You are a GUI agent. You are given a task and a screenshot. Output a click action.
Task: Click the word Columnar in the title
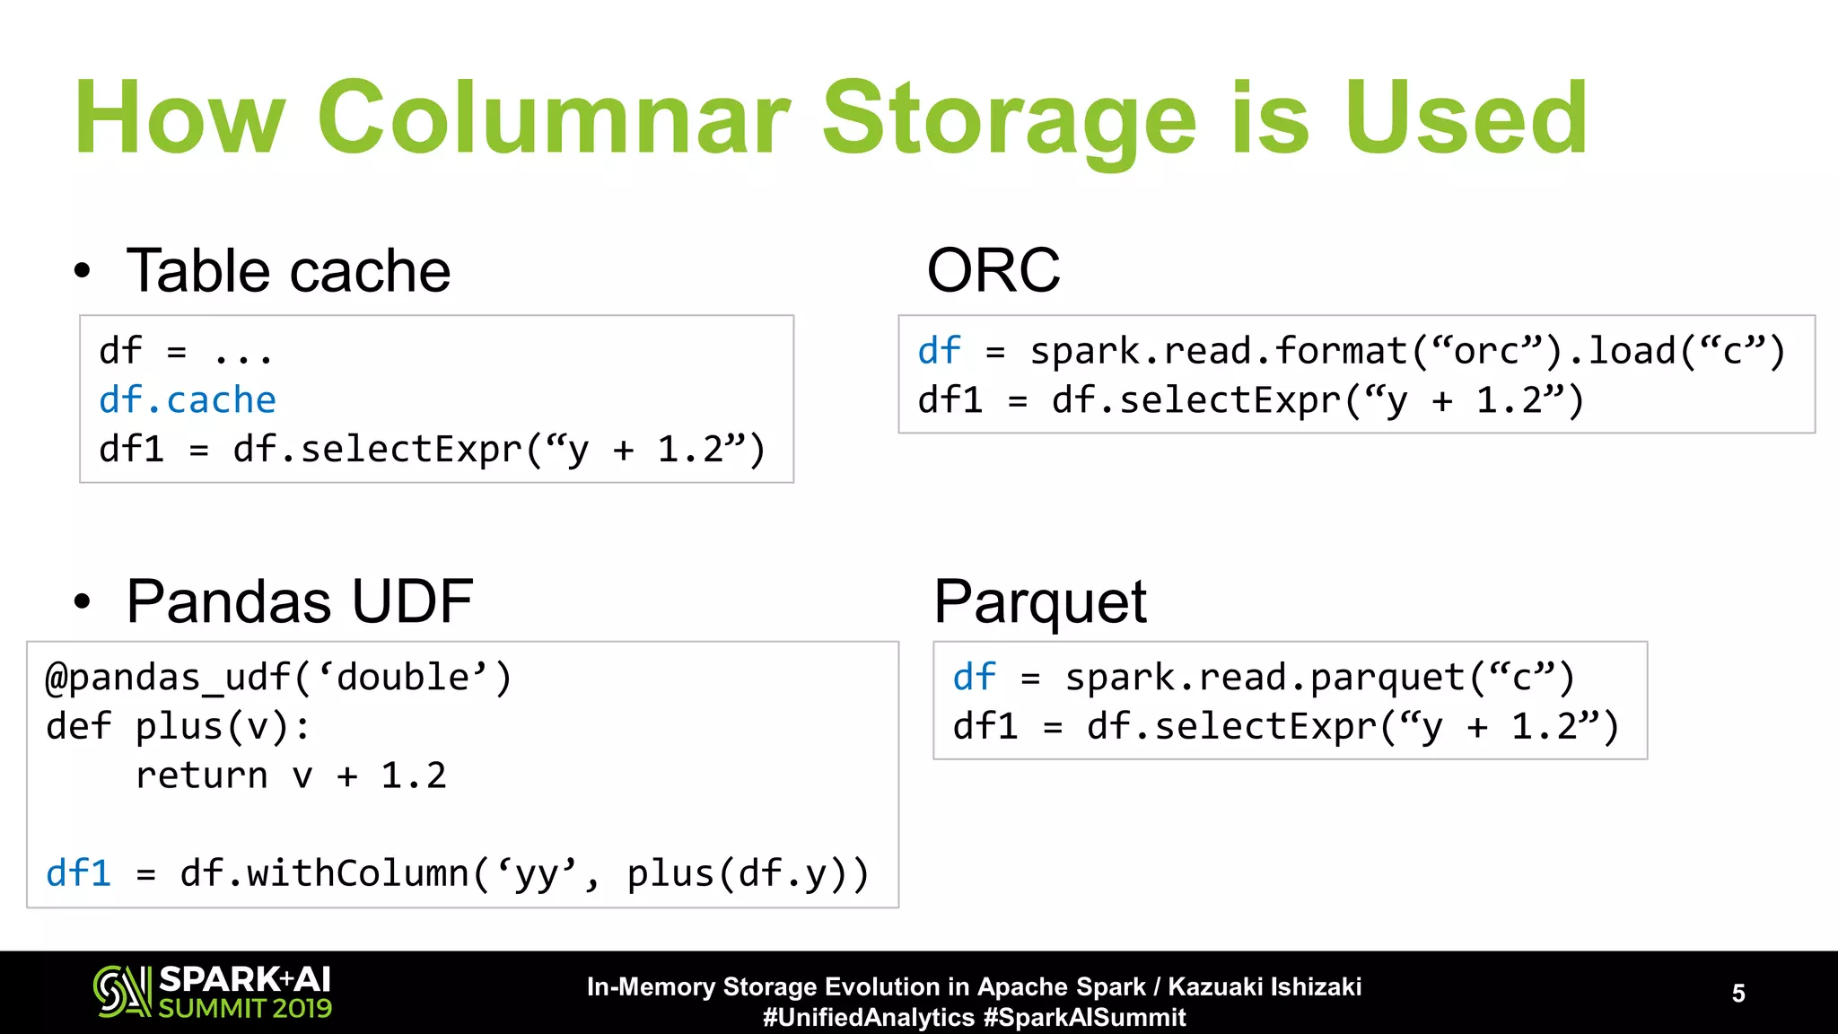tap(554, 118)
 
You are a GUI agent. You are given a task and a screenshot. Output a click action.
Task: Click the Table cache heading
tap(288, 271)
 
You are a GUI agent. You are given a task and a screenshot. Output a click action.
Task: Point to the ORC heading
tap(993, 270)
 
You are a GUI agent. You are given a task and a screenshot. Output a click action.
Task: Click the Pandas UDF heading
tap(300, 601)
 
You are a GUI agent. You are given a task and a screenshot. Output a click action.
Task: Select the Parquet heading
tap(1039, 602)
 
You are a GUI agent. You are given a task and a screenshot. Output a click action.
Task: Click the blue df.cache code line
tap(188, 400)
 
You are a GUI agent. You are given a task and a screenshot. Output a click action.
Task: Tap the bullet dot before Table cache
tap(83, 271)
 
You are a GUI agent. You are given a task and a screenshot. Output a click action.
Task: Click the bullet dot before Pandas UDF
tap(83, 601)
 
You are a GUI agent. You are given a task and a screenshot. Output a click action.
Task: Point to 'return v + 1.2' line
tap(291, 775)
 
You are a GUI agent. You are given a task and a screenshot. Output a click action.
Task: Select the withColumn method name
tap(357, 873)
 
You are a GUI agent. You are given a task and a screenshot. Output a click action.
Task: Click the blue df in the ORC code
tap(939, 351)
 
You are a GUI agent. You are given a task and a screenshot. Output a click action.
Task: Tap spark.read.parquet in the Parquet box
tap(1265, 678)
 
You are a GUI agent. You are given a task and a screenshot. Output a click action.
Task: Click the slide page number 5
tap(1738, 994)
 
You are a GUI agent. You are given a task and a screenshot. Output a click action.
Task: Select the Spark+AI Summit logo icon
tap(122, 992)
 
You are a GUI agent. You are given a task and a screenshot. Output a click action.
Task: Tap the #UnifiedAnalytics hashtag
tap(868, 1018)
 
